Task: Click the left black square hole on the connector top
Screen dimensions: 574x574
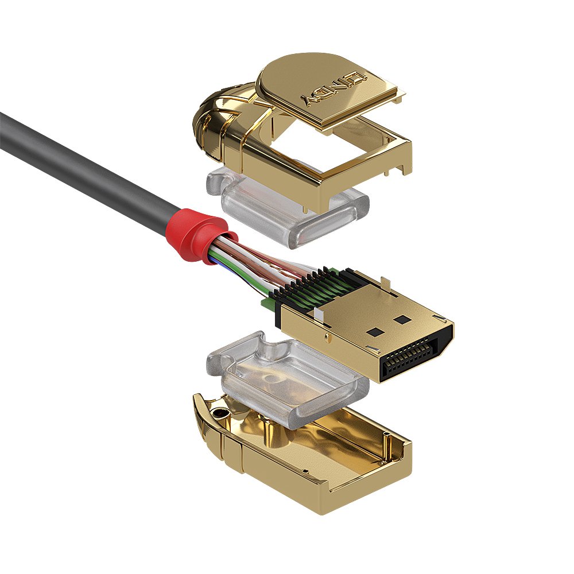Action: (376, 331)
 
